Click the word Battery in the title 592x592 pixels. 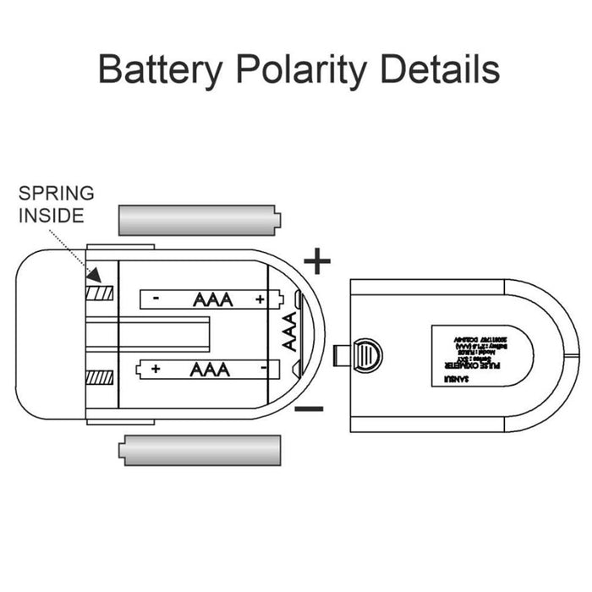click(x=162, y=69)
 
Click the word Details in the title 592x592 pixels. click(x=439, y=69)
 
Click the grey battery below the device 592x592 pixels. click(x=202, y=450)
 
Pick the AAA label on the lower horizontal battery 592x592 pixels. click(x=208, y=369)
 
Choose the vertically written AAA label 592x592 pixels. click(x=288, y=333)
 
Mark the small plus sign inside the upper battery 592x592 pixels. click(x=259, y=299)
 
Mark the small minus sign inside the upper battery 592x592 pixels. click(x=156, y=299)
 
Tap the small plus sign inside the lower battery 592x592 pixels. click(x=156, y=369)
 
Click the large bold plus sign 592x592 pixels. click(x=317, y=261)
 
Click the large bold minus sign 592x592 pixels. click(x=310, y=409)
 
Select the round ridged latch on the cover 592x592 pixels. click(x=365, y=354)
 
